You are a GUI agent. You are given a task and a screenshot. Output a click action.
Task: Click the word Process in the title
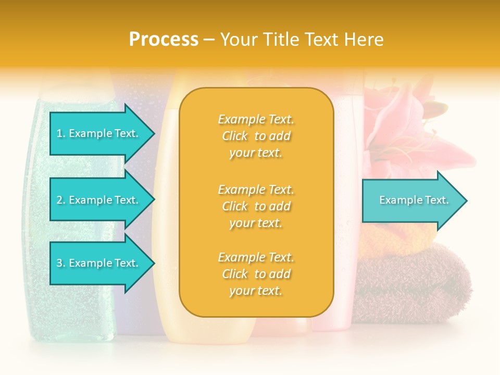coord(164,40)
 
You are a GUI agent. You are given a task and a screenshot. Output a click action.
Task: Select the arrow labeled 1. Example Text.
coord(99,133)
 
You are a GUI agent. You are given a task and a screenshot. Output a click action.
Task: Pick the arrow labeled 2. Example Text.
coord(99,200)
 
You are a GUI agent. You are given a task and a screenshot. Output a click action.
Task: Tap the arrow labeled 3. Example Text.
coord(99,263)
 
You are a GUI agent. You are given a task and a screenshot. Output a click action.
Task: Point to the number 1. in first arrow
coord(60,133)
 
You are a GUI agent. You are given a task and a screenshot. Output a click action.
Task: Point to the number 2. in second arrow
coord(60,200)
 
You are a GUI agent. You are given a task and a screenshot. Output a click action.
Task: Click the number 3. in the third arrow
coord(60,263)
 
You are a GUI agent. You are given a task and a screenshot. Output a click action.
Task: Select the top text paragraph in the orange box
coord(256,136)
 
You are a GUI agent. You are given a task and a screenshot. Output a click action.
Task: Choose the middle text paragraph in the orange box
coord(256,206)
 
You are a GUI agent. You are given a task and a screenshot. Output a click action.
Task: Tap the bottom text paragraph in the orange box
coord(256,274)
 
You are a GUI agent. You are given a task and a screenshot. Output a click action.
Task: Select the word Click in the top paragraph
coord(235,136)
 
